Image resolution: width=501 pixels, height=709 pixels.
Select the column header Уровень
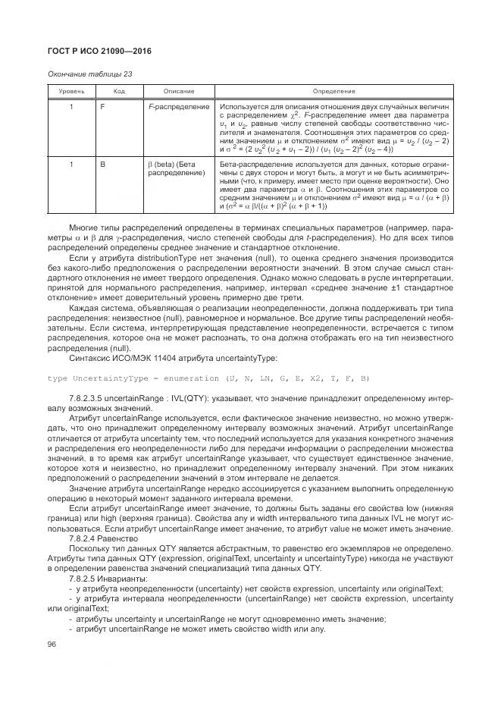72,91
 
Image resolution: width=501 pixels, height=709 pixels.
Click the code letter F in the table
103,107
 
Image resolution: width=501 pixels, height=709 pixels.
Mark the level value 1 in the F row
71,107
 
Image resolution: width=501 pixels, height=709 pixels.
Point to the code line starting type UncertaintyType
208,378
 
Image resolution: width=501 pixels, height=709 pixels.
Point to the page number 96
52,645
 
